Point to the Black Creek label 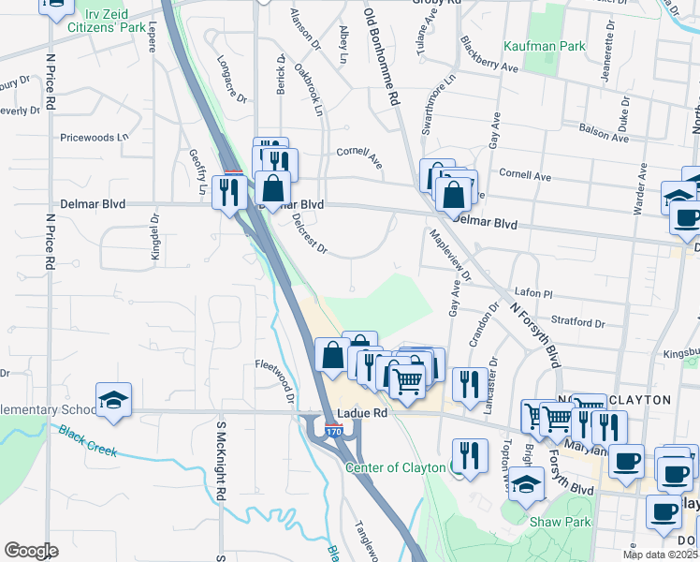pos(88,442)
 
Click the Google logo pos(30,551)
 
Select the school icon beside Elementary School pos(113,400)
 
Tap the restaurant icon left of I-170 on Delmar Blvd pos(228,192)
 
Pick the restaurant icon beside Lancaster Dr pos(470,382)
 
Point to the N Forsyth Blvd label pos(534,333)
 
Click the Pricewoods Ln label pos(95,138)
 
